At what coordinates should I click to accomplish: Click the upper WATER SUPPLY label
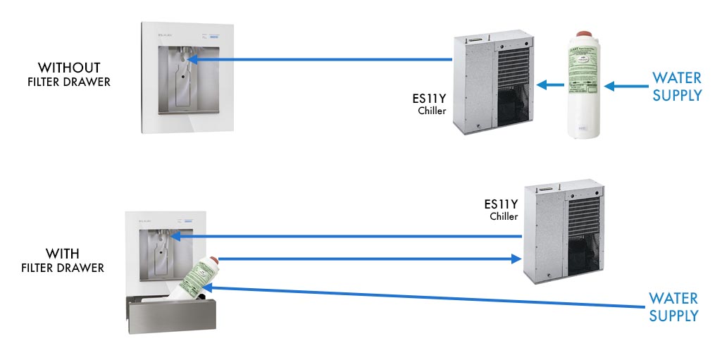[677, 87]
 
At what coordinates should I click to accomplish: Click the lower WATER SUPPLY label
[673, 306]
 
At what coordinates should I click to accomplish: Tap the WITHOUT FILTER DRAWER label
[69, 75]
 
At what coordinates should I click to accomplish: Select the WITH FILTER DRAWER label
[63, 260]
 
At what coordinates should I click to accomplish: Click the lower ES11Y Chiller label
[501, 209]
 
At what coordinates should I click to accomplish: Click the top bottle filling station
[185, 77]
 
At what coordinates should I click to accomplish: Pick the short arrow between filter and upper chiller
[550, 86]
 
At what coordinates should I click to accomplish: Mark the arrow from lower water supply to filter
[423, 295]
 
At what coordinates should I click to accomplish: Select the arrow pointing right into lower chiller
[366, 259]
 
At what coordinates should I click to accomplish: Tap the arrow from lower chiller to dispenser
[352, 236]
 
